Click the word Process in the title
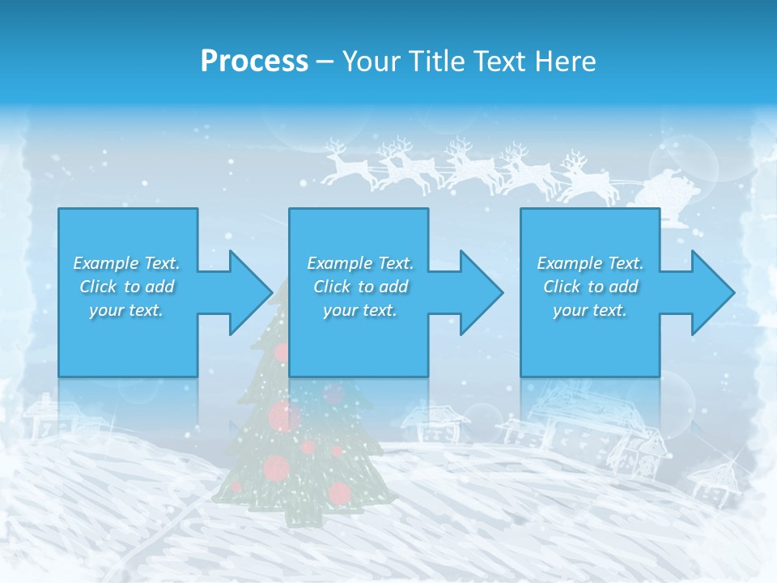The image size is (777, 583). (x=254, y=62)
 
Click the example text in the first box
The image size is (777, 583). (x=127, y=287)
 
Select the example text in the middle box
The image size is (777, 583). (x=359, y=287)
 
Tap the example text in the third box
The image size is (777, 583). (x=590, y=287)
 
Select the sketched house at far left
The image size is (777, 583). (x=49, y=417)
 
